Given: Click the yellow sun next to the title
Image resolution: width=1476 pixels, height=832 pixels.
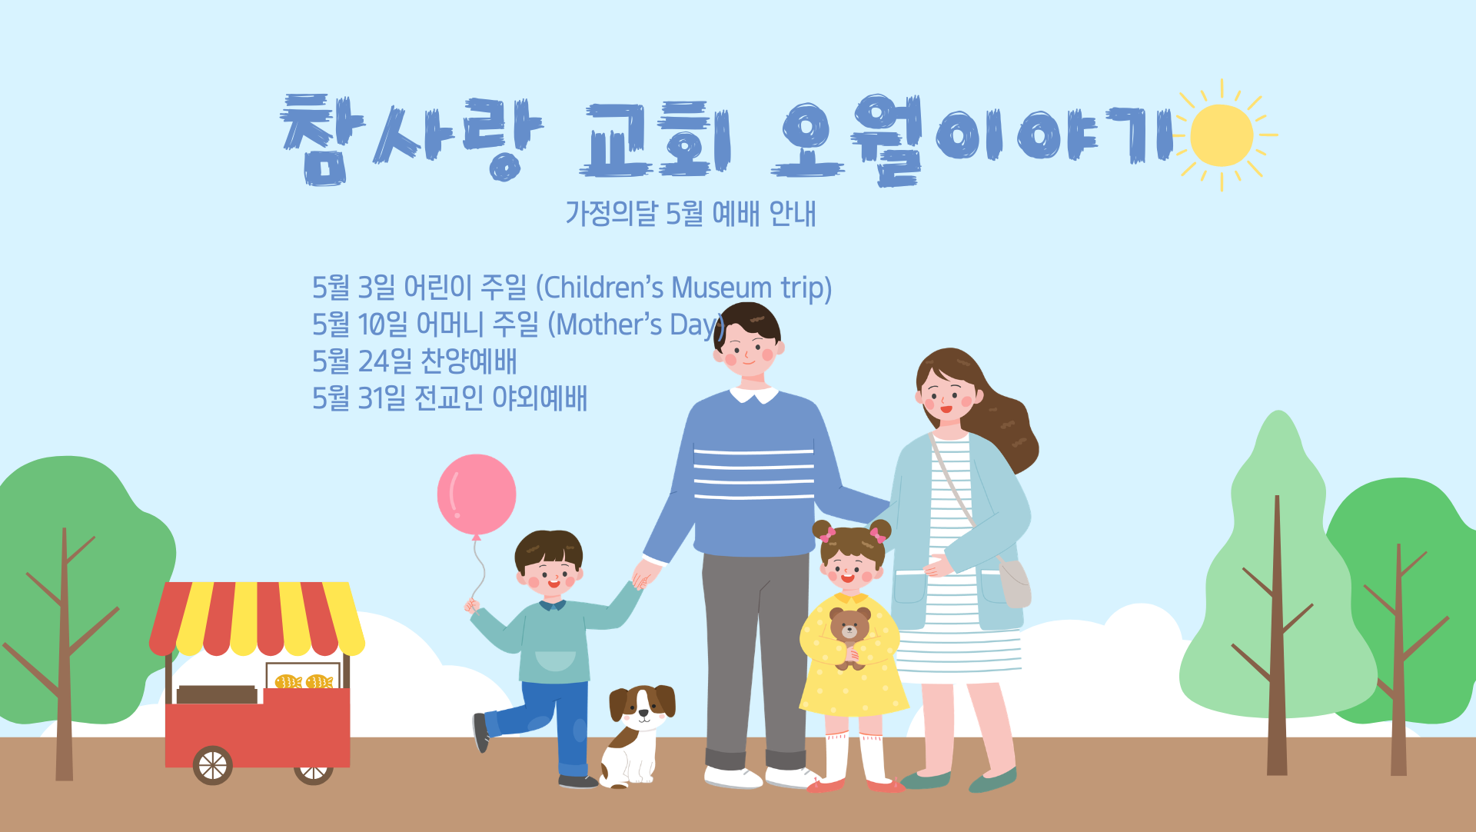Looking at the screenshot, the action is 1222,135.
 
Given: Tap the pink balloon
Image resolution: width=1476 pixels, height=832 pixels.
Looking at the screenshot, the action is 477,495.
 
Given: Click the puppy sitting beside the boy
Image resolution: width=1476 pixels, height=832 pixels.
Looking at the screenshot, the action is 638,735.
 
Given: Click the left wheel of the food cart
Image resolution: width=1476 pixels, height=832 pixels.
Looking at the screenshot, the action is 213,765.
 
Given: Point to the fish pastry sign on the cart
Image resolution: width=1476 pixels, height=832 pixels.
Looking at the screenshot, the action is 304,677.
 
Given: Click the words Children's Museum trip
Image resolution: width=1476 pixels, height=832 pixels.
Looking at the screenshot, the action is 684,288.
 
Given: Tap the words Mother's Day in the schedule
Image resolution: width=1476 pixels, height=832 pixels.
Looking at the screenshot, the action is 636,324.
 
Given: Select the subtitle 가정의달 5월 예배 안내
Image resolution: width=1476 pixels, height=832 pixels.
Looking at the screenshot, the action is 690,213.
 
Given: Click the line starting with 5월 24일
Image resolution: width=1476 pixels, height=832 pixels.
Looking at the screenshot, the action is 414,361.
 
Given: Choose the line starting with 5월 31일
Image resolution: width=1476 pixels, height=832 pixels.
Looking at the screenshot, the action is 450,398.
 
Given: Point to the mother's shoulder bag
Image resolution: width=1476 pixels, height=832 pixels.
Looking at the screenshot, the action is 1015,583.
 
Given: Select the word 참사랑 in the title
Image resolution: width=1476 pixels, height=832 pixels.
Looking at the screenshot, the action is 411,140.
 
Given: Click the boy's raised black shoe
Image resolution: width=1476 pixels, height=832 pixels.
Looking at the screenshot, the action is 481,733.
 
